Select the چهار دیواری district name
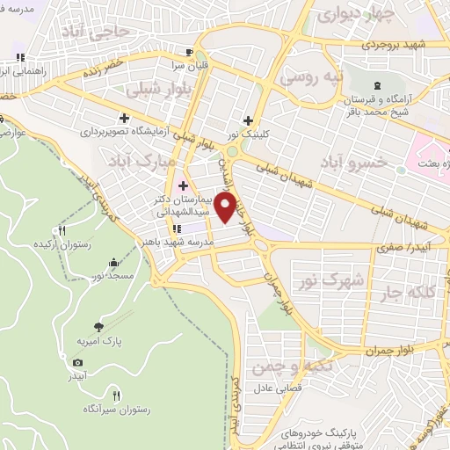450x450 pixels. point(351,15)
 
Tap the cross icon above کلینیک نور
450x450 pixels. point(249,120)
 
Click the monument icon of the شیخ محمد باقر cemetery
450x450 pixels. point(377,85)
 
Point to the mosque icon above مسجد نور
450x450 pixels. point(113,263)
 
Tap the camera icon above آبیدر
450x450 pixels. point(77,363)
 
